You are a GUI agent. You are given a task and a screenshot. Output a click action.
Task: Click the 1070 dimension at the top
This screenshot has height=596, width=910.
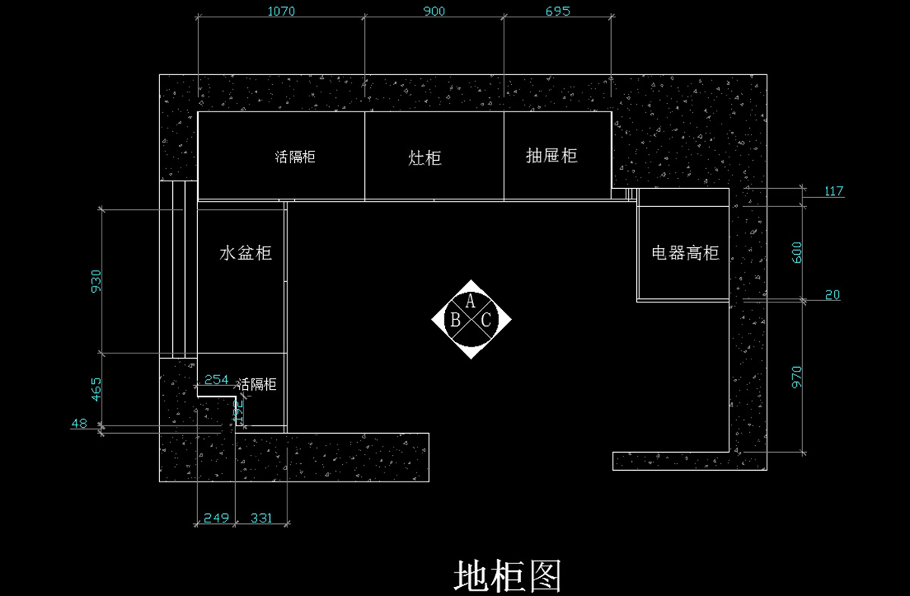point(281,11)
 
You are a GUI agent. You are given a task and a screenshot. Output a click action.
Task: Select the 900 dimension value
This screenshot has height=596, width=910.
point(434,11)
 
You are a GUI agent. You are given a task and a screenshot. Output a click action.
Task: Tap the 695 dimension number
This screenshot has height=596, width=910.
point(557,11)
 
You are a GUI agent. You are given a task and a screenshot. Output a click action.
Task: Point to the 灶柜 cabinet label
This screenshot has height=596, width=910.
point(425,158)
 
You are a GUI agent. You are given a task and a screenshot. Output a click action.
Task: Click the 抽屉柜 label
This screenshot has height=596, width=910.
point(552,156)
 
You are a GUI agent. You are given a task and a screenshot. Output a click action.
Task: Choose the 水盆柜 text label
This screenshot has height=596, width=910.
point(246,253)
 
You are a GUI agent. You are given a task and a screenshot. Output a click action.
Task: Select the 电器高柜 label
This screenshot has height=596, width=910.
point(685,253)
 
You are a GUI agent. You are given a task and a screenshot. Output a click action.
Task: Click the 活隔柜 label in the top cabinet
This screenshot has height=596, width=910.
point(295,158)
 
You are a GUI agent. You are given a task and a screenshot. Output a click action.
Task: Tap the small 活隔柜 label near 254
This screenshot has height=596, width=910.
point(257,384)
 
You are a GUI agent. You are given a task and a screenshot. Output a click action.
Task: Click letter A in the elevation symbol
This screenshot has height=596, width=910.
point(470,302)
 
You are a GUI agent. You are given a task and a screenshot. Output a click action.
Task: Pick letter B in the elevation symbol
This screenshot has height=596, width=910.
point(455,320)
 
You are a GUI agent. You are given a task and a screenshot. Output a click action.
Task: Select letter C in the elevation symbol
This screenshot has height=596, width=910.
point(486,320)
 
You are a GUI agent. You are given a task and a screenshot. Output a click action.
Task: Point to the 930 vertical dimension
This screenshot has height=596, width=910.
point(96,281)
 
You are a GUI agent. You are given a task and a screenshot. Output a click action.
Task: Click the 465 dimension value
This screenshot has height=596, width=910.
point(96,389)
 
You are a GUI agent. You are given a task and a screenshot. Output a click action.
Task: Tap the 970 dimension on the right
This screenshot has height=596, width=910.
point(796,377)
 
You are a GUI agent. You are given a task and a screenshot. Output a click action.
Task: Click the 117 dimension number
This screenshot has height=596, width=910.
point(833,191)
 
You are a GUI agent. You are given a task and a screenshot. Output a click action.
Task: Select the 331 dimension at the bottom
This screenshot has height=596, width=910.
point(262,519)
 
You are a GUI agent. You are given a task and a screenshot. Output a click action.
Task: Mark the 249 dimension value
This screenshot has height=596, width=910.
point(216,519)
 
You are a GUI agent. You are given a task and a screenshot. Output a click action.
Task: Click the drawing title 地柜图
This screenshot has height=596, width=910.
point(507,577)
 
